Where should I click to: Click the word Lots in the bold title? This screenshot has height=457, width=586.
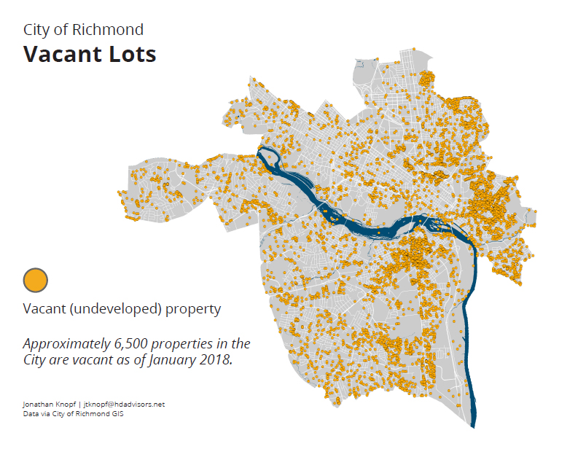click(133, 54)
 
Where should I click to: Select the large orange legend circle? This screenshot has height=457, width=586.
click(36, 280)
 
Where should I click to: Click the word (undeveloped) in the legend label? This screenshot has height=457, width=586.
click(115, 309)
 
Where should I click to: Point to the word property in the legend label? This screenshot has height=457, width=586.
click(193, 309)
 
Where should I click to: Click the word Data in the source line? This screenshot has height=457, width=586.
click(31, 413)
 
